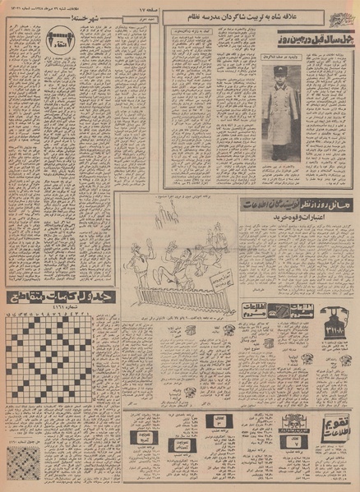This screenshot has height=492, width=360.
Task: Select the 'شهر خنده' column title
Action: click(87, 16)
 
